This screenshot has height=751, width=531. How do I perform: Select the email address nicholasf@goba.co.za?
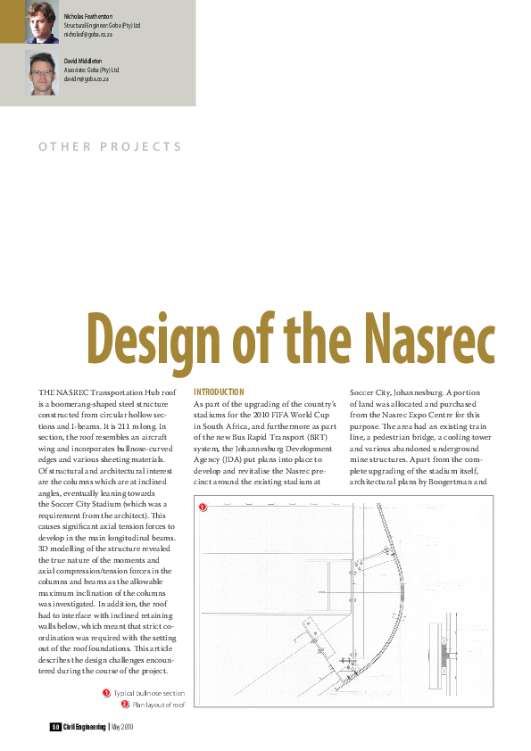(87, 34)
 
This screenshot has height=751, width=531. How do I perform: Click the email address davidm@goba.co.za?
(87, 79)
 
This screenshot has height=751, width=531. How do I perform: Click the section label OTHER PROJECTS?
(110, 147)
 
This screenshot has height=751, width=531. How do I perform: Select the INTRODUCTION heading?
(219, 392)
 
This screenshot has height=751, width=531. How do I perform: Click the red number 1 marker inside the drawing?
(202, 508)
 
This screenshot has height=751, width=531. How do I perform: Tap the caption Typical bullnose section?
(149, 693)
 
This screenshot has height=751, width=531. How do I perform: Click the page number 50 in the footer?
(54, 727)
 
